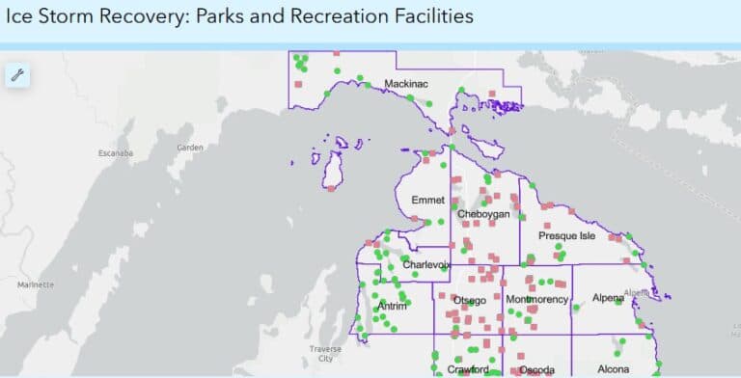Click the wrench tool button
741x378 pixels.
pyautogui.click(x=16, y=75)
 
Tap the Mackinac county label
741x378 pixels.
pyautogui.click(x=405, y=85)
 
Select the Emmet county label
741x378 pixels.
pyautogui.click(x=427, y=201)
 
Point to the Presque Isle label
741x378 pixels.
pyautogui.click(x=566, y=236)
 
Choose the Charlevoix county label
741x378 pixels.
pyautogui.click(x=426, y=265)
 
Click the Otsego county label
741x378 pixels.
pyautogui.click(x=470, y=301)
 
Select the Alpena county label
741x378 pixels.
pyautogui.click(x=609, y=299)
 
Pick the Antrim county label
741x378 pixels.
pyautogui.click(x=392, y=307)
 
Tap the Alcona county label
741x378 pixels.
pyautogui.click(x=614, y=369)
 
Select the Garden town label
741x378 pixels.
pyautogui.click(x=190, y=148)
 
